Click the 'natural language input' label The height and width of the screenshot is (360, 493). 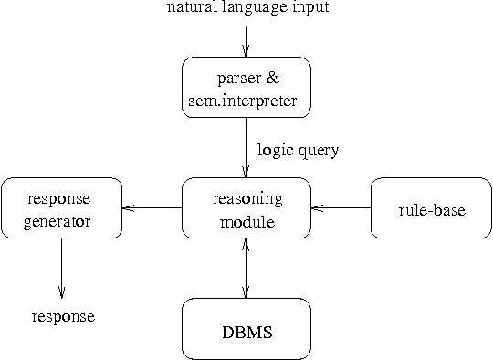click(246, 8)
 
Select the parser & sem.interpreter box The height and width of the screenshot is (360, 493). click(246, 87)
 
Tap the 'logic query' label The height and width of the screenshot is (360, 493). click(298, 150)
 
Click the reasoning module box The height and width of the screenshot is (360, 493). click(246, 208)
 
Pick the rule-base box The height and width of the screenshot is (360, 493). click(432, 208)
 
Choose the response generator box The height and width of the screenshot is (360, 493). click(61, 208)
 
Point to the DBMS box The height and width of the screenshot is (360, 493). click(246, 328)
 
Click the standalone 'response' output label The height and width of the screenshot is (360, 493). click(63, 317)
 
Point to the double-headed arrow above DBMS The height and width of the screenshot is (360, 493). click(246, 268)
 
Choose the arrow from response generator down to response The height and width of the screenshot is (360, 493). click(61, 267)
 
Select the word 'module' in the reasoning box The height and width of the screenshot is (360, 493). click(246, 220)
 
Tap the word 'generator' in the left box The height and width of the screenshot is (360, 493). click(61, 220)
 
